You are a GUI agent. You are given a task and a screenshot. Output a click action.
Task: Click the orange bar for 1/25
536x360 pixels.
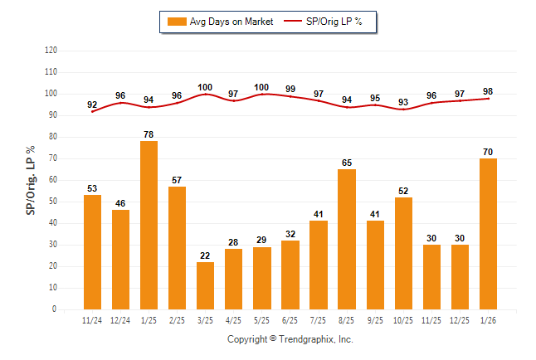(149, 225)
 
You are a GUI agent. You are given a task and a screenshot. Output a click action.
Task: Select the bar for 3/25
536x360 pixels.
(206, 285)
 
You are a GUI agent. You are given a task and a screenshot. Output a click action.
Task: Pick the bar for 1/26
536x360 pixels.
(488, 233)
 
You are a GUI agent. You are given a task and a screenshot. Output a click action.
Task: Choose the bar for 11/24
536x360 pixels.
(92, 252)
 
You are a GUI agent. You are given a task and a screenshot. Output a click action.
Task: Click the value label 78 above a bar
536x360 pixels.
(149, 134)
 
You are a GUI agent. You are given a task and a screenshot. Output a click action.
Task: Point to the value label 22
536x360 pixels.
(206, 255)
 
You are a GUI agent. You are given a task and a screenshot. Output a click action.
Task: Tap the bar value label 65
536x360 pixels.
(347, 162)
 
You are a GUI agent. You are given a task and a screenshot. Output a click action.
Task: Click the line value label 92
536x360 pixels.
(92, 105)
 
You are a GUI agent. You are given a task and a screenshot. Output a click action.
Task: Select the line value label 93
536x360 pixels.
(403, 102)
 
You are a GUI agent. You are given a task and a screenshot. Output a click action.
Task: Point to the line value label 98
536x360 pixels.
(488, 91)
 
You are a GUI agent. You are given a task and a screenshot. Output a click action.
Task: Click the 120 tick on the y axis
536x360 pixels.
(51, 51)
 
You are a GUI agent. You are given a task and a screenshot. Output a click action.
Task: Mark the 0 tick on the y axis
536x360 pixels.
(55, 309)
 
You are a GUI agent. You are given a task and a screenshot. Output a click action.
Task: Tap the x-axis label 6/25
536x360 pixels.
(290, 319)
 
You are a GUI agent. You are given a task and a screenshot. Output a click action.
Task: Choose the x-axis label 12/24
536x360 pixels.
(120, 319)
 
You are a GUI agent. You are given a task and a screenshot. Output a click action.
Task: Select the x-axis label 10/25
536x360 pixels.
(403, 319)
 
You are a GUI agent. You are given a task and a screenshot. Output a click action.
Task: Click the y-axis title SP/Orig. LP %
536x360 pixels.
(31, 179)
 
